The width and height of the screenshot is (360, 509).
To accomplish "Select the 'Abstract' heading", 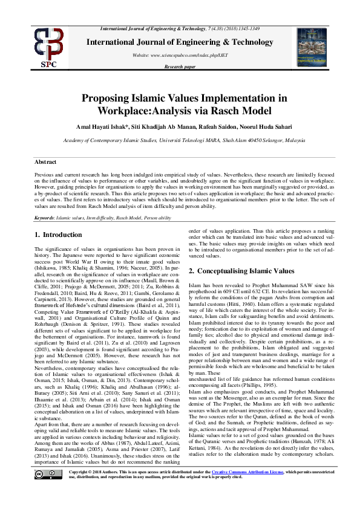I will click(x=45, y=162).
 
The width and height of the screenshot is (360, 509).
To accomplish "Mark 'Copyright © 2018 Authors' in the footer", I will click(x=94, y=487).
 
